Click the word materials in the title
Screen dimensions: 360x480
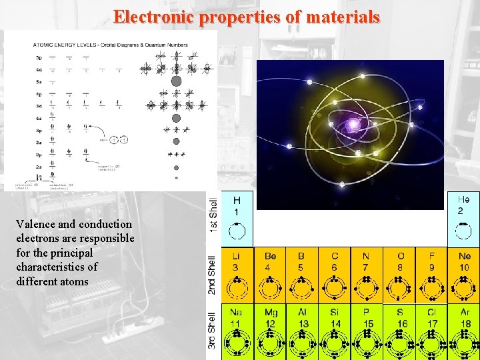pyautogui.click(x=343, y=16)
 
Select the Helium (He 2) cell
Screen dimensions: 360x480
pyautogui.click(x=463, y=217)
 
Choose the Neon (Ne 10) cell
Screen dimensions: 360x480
pyautogui.click(x=463, y=275)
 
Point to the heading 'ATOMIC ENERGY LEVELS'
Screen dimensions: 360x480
pyautogui.click(x=63, y=45)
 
